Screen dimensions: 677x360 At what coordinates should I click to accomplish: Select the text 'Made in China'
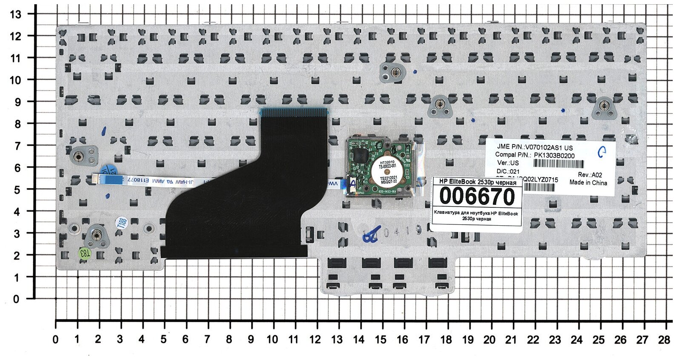click(588, 183)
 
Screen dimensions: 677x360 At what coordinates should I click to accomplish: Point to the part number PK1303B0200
click(554, 156)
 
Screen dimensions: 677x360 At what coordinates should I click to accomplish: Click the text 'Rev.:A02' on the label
click(590, 175)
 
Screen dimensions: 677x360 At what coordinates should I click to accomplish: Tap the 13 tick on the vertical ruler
click(16, 14)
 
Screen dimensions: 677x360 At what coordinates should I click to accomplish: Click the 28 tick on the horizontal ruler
click(664, 339)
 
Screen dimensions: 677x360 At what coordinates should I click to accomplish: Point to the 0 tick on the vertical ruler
click(16, 299)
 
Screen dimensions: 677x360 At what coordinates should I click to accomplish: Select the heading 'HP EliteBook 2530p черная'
click(476, 182)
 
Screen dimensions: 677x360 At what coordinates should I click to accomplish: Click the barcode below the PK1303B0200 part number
click(558, 164)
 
